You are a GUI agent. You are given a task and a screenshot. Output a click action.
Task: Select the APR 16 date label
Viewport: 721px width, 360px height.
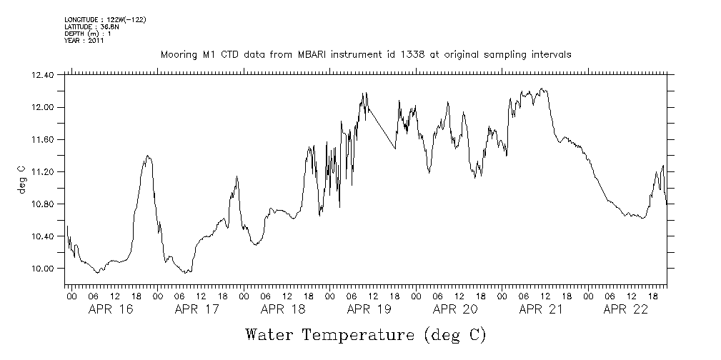coord(111,310)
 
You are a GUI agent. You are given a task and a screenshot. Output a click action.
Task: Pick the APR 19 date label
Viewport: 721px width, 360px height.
coord(369,310)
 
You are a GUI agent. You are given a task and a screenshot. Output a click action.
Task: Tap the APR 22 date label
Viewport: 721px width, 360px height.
coord(626,310)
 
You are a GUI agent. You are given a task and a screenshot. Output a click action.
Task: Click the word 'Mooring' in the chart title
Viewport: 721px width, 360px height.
coord(179,55)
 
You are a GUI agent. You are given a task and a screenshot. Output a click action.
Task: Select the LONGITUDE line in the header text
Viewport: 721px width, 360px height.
coord(105,19)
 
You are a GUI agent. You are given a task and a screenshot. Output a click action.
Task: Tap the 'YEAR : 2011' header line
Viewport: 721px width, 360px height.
coord(84,41)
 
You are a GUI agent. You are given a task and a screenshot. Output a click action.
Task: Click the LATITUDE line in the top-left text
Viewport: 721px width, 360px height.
coord(91,26)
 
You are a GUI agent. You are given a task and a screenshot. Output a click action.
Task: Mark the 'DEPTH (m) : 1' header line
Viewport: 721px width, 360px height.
coord(87,34)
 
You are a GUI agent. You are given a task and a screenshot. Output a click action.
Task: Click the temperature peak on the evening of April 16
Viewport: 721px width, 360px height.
coord(148,156)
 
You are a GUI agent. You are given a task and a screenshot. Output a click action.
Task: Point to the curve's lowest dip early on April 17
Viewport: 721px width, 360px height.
coord(186,273)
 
